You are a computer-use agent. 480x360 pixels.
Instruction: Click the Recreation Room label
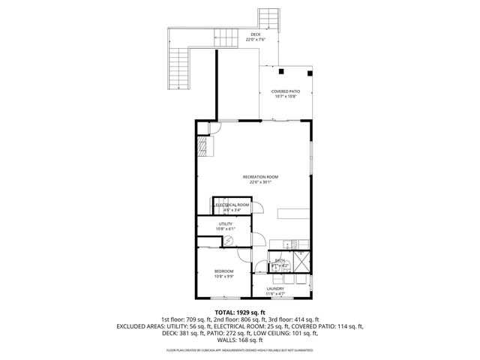tap(256, 176)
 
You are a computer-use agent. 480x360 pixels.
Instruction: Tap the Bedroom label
tap(224, 271)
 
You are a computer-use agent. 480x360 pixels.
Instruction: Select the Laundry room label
tap(274, 289)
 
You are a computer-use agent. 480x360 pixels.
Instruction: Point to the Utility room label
tap(225, 223)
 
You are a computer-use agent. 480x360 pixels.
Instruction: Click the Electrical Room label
tap(232, 205)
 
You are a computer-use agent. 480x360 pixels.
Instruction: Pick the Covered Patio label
tap(286, 91)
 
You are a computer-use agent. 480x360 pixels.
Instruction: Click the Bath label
tap(279, 261)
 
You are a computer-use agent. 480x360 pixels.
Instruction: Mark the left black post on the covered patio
tap(280, 72)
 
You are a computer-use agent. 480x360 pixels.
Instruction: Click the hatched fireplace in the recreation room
tap(202, 145)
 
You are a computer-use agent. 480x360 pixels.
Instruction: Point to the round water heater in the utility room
tap(230, 241)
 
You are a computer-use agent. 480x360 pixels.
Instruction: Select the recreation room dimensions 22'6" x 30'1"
tap(256, 181)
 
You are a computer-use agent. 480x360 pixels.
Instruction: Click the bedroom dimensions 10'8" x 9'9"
tap(224, 276)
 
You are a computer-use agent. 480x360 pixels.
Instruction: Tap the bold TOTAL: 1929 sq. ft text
tap(239, 311)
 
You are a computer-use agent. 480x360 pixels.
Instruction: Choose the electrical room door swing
tap(257, 210)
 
